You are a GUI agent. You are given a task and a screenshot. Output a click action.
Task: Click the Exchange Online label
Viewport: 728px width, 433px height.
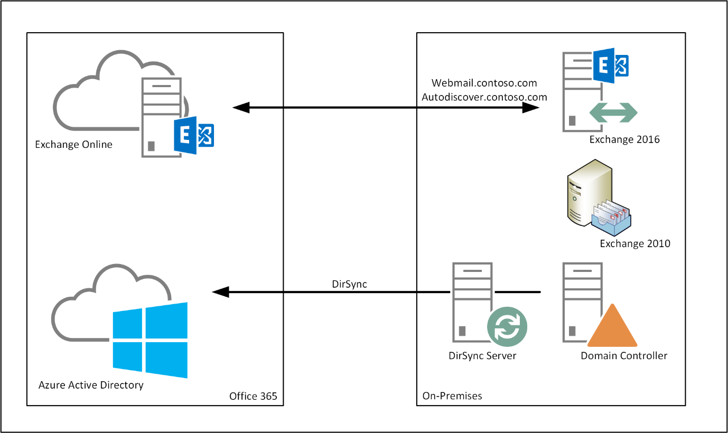pos(73,145)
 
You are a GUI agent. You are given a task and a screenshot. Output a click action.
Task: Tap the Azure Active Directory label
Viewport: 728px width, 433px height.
pos(91,385)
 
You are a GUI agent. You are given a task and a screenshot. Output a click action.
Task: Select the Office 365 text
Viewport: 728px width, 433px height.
pos(253,396)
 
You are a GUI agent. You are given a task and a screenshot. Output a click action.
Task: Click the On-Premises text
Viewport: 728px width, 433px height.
pos(452,396)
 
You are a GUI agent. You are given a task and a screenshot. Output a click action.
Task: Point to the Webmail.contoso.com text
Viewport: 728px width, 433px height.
pos(484,83)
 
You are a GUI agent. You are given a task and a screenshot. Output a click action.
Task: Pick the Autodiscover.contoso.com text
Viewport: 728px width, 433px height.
pos(484,97)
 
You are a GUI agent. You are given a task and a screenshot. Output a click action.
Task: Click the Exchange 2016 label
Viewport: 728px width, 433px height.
pos(624,140)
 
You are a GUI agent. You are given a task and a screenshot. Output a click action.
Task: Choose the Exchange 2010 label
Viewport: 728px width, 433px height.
pos(635,243)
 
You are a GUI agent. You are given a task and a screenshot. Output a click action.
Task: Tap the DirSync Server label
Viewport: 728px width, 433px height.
pos(482,355)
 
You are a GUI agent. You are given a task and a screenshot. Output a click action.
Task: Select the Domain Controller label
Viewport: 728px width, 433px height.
pos(624,355)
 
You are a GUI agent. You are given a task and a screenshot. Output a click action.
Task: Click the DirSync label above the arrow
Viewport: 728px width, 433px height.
pos(349,284)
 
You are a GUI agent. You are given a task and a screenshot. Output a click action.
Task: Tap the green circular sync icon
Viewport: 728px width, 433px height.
pos(507,325)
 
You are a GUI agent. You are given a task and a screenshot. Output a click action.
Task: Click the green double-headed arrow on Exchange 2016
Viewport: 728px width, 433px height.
pos(613,112)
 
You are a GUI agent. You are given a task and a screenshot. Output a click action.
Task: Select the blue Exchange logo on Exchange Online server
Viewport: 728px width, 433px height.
pos(193,135)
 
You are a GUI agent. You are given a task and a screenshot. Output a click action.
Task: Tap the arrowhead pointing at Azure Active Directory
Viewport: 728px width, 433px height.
pos(220,292)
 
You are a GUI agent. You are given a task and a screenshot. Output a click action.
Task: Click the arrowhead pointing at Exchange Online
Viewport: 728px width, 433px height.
pos(241,108)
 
